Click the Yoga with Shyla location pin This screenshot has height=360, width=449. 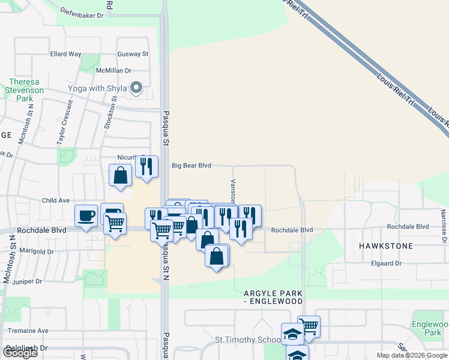pyautogui.click(x=136, y=88)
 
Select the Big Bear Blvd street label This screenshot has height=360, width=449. pyautogui.click(x=191, y=166)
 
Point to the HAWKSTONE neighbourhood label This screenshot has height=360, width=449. pyautogui.click(x=386, y=246)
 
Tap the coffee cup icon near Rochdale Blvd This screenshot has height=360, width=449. pyautogui.click(x=86, y=216)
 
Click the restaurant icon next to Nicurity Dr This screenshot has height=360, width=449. pyautogui.click(x=146, y=167)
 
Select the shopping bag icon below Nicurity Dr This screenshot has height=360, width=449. pyautogui.click(x=121, y=176)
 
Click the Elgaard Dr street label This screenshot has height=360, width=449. pyautogui.click(x=386, y=263)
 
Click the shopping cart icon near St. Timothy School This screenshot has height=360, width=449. pyautogui.click(x=309, y=326)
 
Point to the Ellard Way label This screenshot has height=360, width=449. pyautogui.click(x=65, y=54)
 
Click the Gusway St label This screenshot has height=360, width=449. pyautogui.click(x=133, y=54)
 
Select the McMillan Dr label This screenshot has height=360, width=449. pyautogui.click(x=113, y=71)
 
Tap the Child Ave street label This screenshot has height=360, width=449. pyautogui.click(x=56, y=200)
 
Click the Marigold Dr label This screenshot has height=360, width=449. pyautogui.click(x=37, y=251)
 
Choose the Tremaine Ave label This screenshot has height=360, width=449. pyautogui.click(x=26, y=331)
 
